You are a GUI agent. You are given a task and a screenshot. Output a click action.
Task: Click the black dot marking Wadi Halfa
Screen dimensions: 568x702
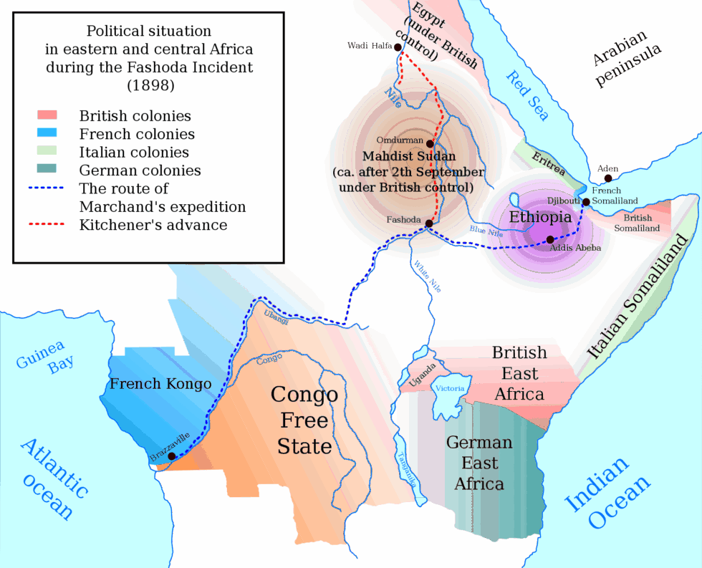[398, 46]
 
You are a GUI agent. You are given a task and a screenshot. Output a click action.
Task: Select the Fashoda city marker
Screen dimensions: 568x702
[428, 223]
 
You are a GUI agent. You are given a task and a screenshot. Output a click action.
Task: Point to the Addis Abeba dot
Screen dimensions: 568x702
[549, 240]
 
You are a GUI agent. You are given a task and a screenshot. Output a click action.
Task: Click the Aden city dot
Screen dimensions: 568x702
[608, 178]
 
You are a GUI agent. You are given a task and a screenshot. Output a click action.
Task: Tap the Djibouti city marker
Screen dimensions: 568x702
[586, 202]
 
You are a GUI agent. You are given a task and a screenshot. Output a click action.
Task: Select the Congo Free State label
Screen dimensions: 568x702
[304, 420]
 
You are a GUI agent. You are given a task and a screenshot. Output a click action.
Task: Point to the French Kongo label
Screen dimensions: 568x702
[160, 384]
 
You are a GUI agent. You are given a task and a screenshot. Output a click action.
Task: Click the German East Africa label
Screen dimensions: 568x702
[479, 463]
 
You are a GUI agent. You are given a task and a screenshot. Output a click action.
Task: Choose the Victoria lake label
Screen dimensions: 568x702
[451, 388]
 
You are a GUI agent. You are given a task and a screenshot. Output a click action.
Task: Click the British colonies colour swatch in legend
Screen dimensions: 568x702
[47, 115]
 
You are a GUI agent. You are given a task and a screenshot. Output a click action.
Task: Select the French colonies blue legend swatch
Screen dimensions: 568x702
[47, 133]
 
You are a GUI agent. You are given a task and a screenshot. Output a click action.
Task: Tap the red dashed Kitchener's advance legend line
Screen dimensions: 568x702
[47, 224]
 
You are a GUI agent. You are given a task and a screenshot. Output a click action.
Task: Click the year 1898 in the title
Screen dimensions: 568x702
[150, 85]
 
